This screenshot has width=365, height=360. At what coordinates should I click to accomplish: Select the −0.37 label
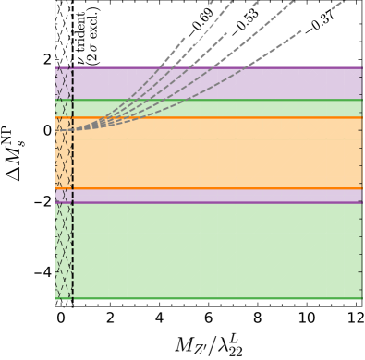319,25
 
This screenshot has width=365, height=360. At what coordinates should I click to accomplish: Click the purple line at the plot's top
213,67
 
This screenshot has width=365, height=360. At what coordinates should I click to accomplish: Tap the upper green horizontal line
213,100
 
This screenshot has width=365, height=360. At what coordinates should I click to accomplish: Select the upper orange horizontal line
213,117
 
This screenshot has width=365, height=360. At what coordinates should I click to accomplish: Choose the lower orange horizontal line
213,188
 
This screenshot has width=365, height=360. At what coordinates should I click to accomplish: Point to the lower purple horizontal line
213,202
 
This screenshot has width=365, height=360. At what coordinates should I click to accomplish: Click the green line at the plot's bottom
213,298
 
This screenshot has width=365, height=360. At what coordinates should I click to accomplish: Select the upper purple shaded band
213,83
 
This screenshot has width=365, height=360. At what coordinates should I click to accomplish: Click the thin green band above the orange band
213,109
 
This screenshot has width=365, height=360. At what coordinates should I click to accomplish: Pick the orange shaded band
213,157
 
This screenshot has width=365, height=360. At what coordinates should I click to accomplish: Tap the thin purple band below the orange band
213,196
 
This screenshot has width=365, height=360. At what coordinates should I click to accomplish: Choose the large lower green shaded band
213,249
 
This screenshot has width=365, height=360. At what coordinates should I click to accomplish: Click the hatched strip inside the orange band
64,162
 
